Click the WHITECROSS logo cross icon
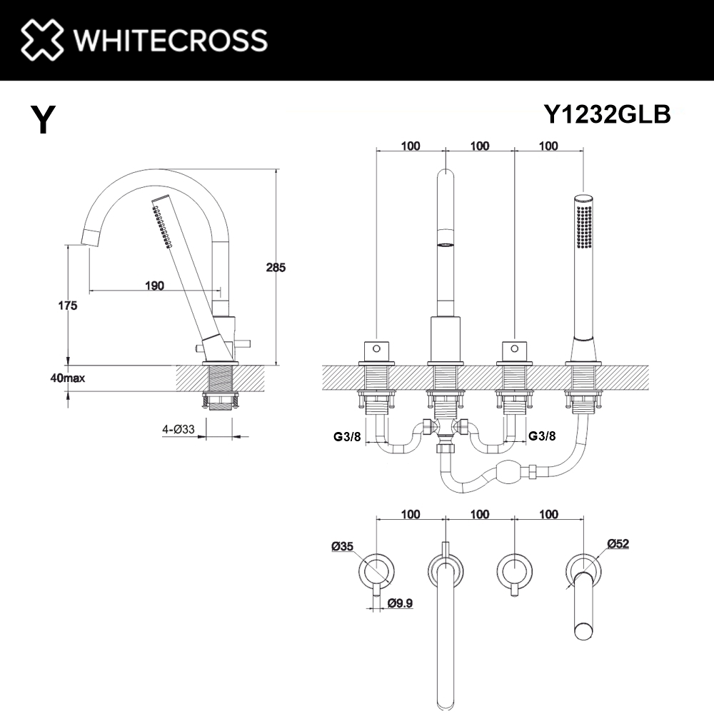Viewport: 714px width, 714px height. click(41, 39)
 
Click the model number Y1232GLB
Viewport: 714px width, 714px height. click(607, 114)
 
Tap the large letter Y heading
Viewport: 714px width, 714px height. click(43, 119)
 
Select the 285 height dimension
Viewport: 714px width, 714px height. click(276, 268)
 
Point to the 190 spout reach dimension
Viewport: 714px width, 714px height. click(154, 286)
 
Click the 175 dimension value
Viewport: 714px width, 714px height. click(67, 306)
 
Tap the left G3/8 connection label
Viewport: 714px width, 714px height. click(346, 436)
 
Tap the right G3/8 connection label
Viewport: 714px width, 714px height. click(542, 436)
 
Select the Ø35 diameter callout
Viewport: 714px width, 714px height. click(343, 547)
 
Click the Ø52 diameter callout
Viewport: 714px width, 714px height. click(618, 543)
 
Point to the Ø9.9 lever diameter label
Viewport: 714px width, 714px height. click(401, 603)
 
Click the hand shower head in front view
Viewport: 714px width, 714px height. click(584, 223)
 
